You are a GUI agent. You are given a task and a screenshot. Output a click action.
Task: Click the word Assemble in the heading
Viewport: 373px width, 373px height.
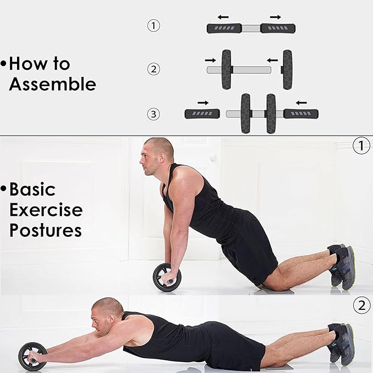click(53, 84)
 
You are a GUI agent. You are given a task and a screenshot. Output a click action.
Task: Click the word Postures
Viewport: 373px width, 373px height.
click(46, 230)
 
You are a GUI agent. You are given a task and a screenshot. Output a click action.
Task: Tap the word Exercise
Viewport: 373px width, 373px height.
click(46, 210)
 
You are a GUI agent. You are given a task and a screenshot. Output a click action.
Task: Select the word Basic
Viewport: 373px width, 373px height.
click(32, 190)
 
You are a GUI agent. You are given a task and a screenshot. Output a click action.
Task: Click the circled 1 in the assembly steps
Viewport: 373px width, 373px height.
click(153, 26)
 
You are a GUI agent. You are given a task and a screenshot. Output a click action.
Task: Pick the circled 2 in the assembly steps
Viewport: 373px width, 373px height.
click(153, 69)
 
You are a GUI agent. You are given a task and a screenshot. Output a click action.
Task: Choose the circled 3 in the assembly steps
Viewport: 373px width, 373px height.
click(153, 114)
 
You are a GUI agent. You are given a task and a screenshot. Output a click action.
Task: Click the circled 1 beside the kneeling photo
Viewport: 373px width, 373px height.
click(361, 146)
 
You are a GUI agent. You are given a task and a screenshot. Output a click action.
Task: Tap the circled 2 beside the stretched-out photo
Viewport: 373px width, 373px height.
click(361, 305)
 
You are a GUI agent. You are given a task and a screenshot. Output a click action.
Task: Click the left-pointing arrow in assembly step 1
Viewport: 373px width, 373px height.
click(223, 17)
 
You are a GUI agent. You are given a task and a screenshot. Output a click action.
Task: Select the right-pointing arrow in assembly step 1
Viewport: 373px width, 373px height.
click(275, 17)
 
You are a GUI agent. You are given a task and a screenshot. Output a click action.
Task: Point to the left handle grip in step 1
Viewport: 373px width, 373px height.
click(224, 29)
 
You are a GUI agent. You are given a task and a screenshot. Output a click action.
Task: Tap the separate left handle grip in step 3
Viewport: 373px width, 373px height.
click(202, 114)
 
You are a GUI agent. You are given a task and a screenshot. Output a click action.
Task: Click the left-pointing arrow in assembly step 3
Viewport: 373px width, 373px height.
click(302, 103)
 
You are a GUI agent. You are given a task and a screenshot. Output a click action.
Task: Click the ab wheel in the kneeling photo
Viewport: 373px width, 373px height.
click(167, 277)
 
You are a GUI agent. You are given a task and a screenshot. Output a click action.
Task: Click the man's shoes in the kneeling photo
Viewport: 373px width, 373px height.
click(342, 266)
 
